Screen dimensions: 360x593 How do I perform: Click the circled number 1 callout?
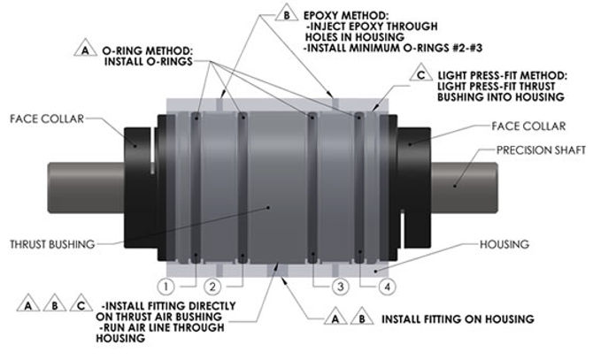(x=164, y=287)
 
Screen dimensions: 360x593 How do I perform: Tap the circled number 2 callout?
(x=211, y=287)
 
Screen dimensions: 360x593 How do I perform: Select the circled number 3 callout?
(x=337, y=287)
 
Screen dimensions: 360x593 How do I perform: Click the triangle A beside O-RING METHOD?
(x=86, y=52)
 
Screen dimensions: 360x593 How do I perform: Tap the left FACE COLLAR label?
(x=44, y=116)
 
